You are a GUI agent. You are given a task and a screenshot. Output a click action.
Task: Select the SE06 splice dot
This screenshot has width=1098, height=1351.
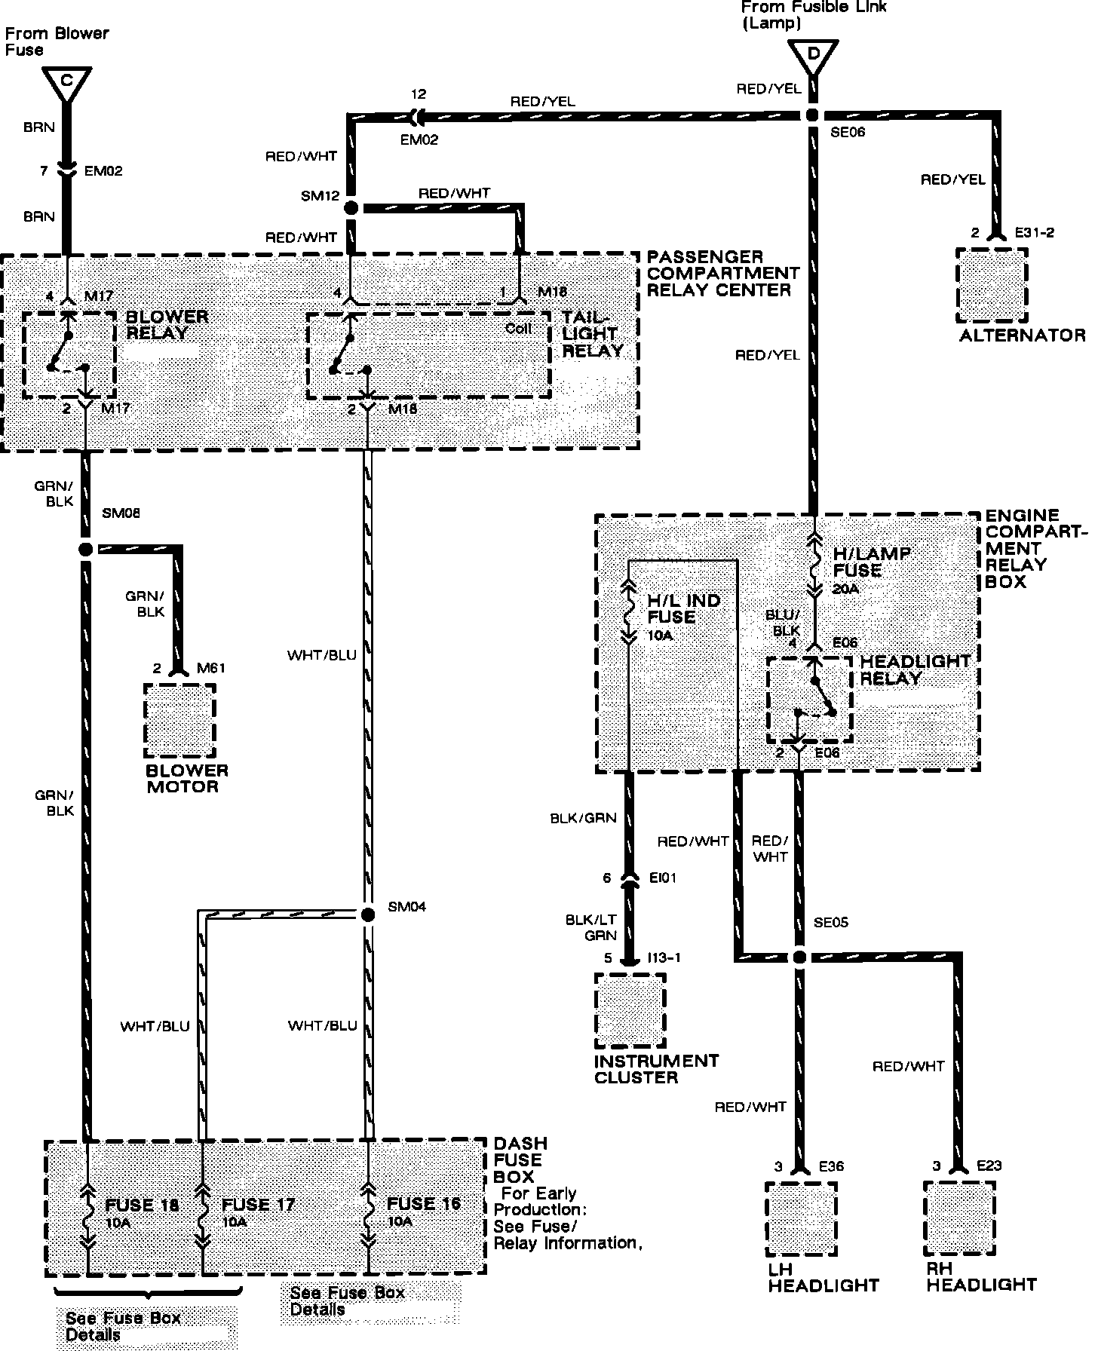tap(813, 115)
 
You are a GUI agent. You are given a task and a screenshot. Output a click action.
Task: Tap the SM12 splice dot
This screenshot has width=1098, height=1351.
tap(351, 208)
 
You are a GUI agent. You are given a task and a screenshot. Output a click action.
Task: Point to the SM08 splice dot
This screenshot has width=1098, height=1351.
tap(85, 549)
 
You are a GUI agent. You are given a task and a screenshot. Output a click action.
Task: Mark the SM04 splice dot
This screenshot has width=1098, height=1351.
tap(367, 914)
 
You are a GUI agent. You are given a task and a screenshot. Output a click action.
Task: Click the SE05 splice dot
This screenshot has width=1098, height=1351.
tap(799, 957)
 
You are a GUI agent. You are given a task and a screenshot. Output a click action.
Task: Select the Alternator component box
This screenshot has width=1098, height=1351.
tap(992, 285)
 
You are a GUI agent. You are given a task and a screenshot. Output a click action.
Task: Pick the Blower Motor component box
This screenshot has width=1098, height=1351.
tap(179, 720)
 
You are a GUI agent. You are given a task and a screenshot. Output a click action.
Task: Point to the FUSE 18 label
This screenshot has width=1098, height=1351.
tap(142, 1205)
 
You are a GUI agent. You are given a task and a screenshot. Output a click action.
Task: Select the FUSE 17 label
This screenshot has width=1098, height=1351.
tap(258, 1205)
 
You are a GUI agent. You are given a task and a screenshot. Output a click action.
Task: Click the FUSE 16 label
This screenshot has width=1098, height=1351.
tap(423, 1203)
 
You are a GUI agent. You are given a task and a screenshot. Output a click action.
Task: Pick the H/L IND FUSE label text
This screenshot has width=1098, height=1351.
tap(683, 609)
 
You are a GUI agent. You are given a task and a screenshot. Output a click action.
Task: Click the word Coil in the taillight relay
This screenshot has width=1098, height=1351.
tap(519, 329)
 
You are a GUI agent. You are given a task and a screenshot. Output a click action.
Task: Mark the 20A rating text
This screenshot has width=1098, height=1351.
tap(846, 589)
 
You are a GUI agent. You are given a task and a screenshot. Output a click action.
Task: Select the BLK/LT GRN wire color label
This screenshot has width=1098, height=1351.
tap(590, 928)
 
